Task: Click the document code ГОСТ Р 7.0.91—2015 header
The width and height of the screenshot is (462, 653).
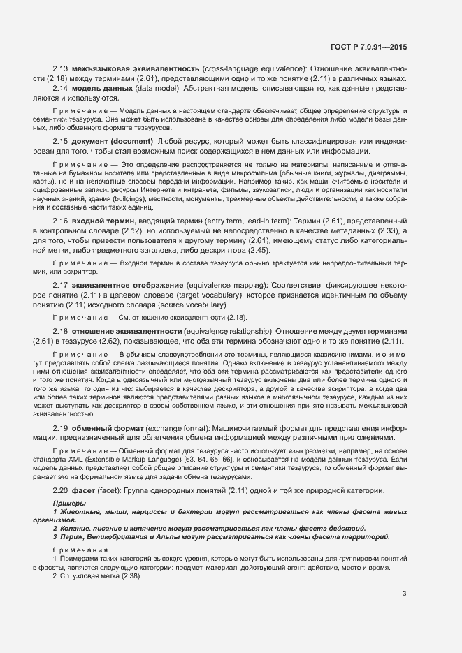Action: click(369, 47)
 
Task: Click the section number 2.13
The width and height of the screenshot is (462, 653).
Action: click(60, 68)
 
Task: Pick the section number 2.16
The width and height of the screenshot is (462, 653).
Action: click(60, 221)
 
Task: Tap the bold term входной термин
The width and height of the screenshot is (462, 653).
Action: click(103, 221)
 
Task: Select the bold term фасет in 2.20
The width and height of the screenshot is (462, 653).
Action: click(85, 491)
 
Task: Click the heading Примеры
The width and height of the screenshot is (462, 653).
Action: click(70, 504)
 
